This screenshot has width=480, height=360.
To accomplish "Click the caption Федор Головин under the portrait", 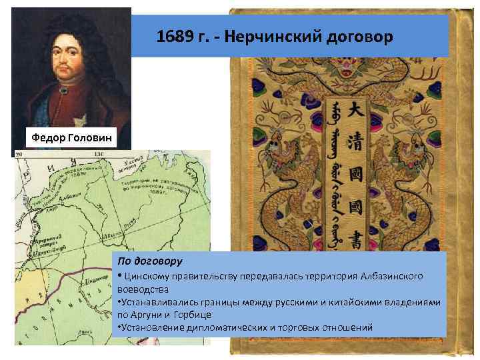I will coord(70,138).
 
